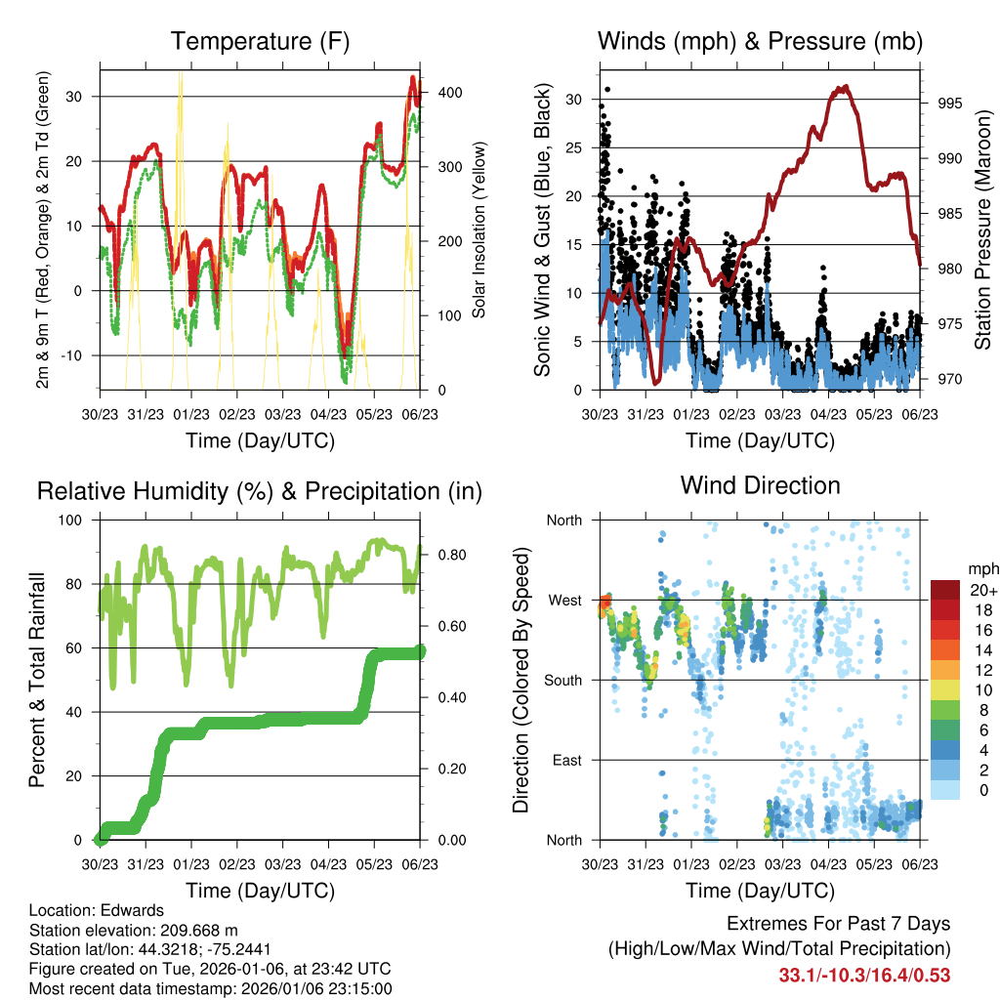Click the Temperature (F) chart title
(260, 42)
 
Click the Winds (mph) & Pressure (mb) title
(760, 42)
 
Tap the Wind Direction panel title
(760, 485)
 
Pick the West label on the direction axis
(565, 600)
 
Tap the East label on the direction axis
(567, 760)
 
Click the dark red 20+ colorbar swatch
(945, 590)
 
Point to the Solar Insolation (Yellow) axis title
(479, 229)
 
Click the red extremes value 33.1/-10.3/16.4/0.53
(864, 976)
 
